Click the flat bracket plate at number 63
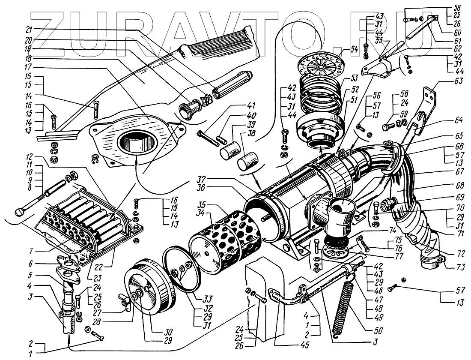pyautogui.click(x=430, y=103)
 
